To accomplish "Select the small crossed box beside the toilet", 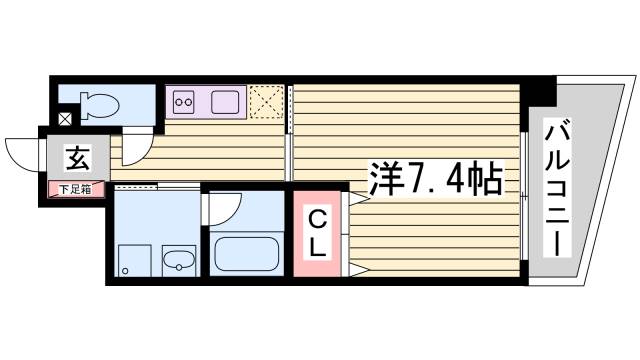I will (64, 119).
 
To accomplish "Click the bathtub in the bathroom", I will (247, 254).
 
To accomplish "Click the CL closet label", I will (315, 232).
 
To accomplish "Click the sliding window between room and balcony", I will (524, 190).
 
